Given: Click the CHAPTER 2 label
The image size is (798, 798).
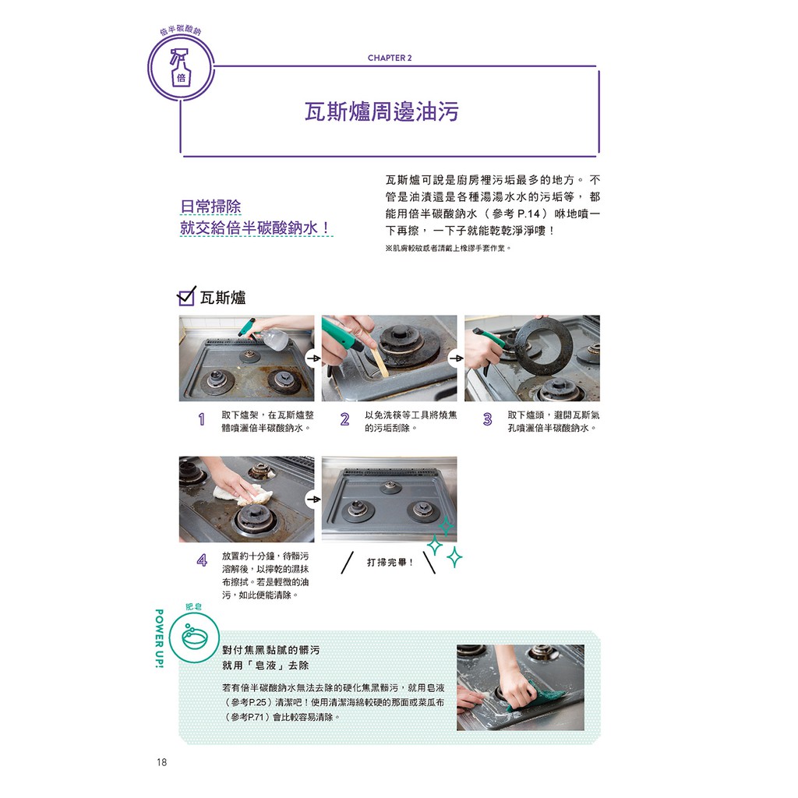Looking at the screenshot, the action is coord(390,58).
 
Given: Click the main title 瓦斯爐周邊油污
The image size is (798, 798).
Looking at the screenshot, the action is coord(382,112).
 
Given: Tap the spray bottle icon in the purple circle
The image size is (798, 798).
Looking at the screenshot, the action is coord(180,67).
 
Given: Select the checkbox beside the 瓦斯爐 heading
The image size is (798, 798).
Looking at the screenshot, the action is coord(186,295).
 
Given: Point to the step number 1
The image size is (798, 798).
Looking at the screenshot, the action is coord(202,419).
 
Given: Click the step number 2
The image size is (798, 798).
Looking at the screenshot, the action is coord(344,419).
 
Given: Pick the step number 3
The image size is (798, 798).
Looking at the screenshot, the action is coord(488,419).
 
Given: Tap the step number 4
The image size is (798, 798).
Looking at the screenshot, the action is coord(202,561).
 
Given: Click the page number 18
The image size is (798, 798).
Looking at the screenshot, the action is coord(162,762).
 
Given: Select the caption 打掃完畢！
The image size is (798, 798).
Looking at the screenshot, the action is coord(390,563).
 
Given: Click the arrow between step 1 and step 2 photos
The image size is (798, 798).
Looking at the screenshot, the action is coord(313,358).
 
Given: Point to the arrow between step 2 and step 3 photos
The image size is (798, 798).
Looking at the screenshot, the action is coord(456,358).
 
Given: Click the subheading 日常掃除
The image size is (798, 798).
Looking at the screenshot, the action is coord(210,207).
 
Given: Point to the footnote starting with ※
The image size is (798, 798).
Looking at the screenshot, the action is coord(448,249).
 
